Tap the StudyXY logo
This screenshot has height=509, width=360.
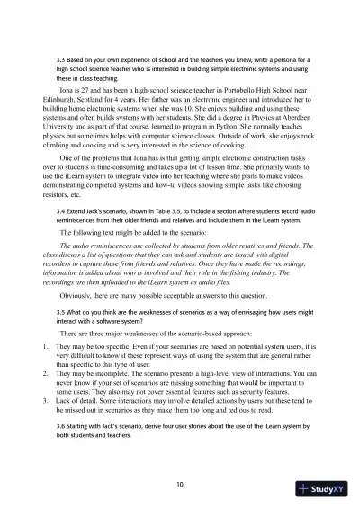tap(326, 488)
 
